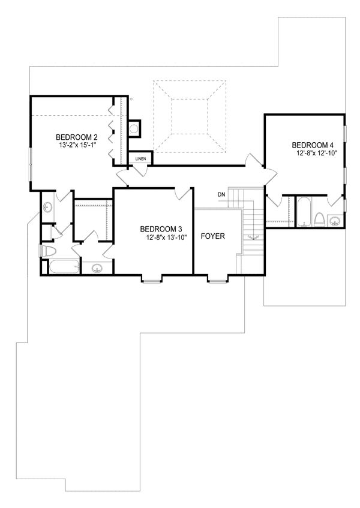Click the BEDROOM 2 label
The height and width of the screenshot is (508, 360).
[x=77, y=136]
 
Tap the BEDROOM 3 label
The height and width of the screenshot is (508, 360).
[x=161, y=229]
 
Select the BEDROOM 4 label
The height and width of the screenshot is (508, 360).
[x=312, y=145]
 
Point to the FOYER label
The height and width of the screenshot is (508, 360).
[x=212, y=236]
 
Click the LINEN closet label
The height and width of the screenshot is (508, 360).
[x=140, y=159]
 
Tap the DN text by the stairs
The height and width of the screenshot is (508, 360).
[x=221, y=194]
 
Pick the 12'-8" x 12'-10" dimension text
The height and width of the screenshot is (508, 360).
[x=317, y=154]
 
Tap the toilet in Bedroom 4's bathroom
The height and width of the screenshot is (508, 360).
[x=320, y=220]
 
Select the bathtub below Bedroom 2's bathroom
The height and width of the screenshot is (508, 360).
[x=62, y=266]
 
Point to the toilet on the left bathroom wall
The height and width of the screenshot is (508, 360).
[x=46, y=251]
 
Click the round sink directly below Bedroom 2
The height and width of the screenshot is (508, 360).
[x=47, y=207]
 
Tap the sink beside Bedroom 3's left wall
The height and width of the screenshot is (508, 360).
[x=97, y=268]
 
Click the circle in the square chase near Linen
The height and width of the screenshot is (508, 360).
[x=134, y=128]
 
